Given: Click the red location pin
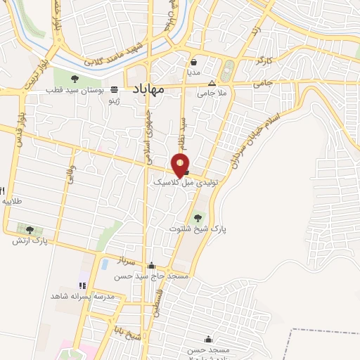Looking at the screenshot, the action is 181,165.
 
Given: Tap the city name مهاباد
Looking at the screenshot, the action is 149,89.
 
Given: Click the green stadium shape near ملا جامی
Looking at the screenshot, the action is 227,71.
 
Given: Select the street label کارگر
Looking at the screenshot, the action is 264,61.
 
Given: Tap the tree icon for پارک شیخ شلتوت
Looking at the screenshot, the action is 197,217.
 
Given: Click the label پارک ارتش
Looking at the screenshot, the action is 30,241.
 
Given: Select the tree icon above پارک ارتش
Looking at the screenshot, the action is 30,229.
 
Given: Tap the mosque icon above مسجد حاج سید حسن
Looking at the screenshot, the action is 152,266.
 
